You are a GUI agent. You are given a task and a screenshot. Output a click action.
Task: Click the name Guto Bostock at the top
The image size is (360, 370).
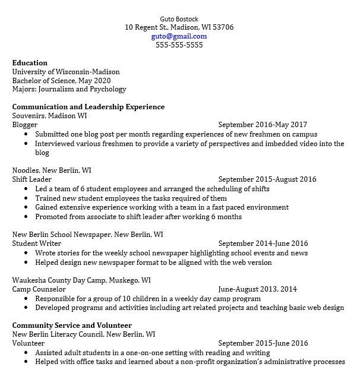click(179, 18)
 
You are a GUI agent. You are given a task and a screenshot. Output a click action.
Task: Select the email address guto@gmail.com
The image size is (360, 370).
click(179, 36)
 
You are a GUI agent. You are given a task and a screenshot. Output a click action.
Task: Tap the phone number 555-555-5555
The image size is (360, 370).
click(179, 45)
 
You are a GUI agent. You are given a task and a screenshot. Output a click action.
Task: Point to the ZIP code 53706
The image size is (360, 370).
click(223, 27)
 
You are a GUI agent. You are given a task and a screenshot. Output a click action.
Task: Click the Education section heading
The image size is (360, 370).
click(30, 63)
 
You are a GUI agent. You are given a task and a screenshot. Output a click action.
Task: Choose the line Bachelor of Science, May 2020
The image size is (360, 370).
click(61, 81)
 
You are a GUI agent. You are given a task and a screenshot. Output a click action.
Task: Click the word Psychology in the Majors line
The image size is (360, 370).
click(108, 90)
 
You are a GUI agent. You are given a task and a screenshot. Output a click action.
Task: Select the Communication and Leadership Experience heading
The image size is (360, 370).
click(89, 107)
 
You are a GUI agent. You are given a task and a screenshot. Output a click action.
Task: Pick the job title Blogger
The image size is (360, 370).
click(25, 125)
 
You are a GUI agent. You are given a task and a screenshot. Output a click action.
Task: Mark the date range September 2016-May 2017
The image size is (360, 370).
click(263, 125)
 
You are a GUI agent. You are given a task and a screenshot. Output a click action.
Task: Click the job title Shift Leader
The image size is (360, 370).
click(31, 179)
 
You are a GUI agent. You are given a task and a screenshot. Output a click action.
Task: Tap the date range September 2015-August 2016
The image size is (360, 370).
click(267, 179)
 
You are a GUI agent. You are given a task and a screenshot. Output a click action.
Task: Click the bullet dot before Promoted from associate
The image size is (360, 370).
click(26, 217)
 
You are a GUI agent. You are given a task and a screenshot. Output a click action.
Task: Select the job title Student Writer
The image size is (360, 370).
click(36, 243)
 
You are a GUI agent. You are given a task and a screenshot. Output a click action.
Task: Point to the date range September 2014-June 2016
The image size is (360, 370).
click(263, 243)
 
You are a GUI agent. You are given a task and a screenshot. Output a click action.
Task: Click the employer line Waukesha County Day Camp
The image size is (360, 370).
click(81, 280)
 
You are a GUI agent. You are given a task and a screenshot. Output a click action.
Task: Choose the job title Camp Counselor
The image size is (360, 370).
click(39, 289)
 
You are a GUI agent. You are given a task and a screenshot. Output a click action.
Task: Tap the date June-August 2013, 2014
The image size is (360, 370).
click(257, 289)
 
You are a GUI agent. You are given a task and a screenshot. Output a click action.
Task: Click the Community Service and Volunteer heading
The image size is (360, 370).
click(72, 325)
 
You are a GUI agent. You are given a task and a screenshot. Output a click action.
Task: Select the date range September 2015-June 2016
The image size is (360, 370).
click(263, 343)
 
